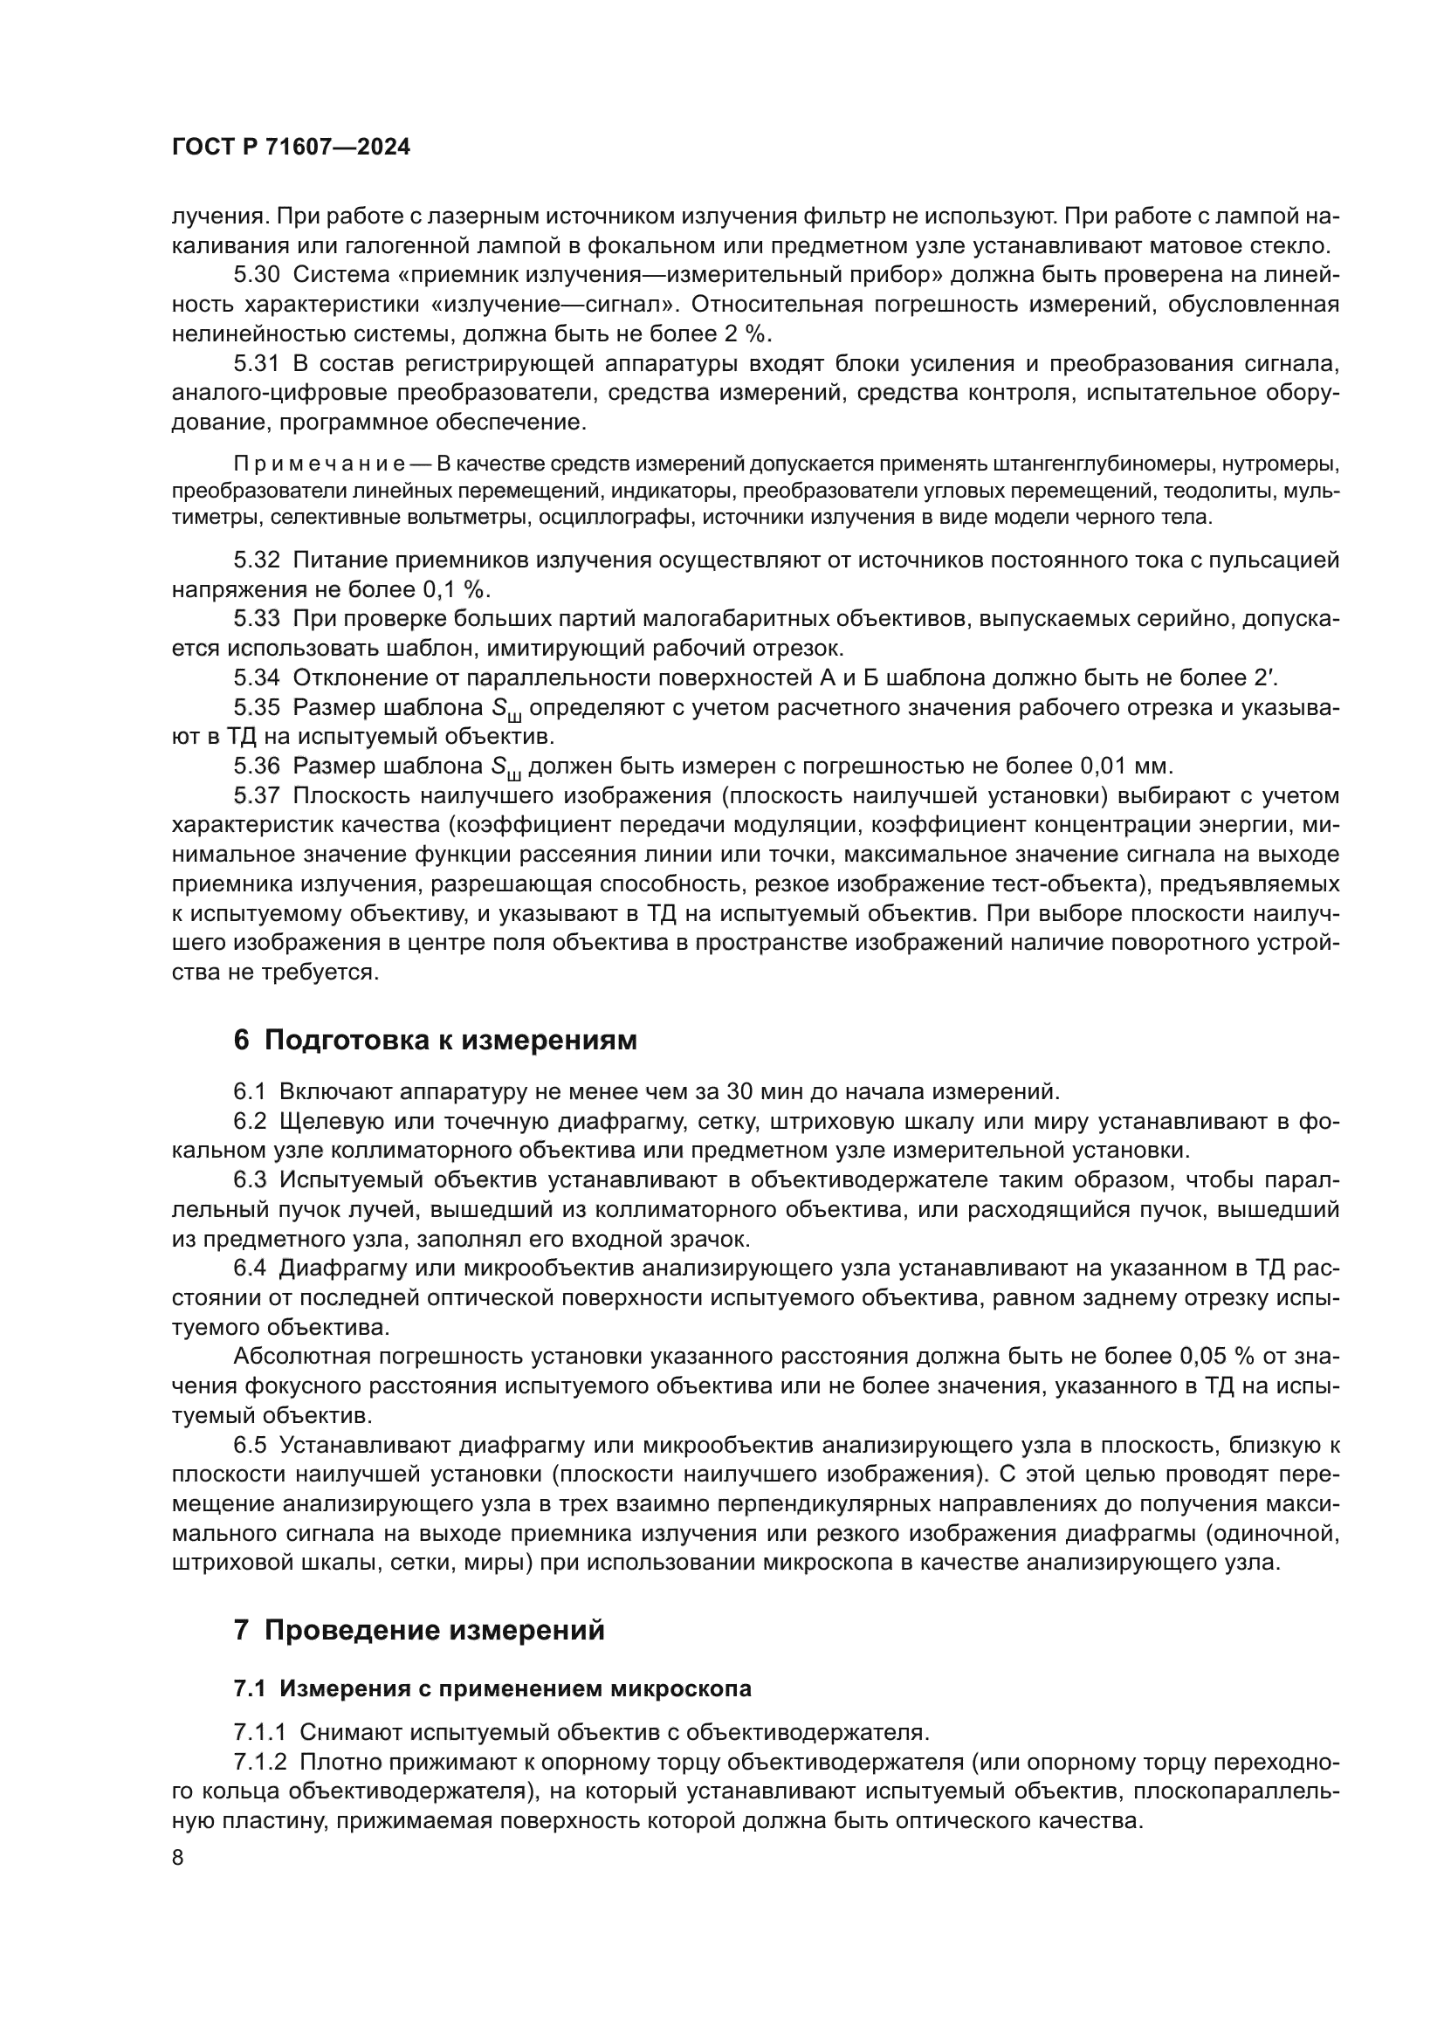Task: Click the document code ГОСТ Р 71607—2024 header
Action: pyautogui.click(x=291, y=148)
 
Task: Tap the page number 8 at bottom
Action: pyautogui.click(x=178, y=1857)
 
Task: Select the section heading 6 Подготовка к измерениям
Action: pyautogui.click(x=435, y=1040)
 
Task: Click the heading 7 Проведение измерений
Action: pyautogui.click(x=419, y=1629)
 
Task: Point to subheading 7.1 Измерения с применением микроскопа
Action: pyautogui.click(x=492, y=1688)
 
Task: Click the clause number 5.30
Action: pyautogui.click(x=256, y=276)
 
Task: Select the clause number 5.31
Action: pyautogui.click(x=256, y=364)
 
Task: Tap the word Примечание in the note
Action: pyautogui.click(x=320, y=464)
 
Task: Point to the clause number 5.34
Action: pyautogui.click(x=256, y=677)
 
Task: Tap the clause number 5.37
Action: pyautogui.click(x=256, y=795)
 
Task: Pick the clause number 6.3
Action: pyautogui.click(x=250, y=1180)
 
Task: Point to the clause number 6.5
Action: pyautogui.click(x=250, y=1444)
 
